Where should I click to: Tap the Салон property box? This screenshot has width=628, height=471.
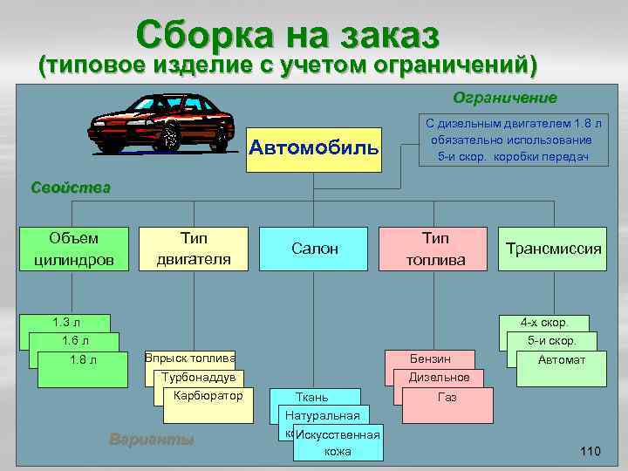[314, 249]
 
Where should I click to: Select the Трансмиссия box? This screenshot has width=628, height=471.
[554, 249]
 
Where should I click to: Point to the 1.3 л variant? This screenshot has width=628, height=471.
[66, 322]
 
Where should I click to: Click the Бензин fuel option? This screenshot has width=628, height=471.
[430, 358]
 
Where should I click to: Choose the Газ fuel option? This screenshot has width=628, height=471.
[447, 398]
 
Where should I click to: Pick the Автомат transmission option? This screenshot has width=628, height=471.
[562, 361]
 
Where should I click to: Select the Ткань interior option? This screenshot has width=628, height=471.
[312, 397]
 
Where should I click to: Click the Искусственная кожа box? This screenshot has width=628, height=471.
[338, 444]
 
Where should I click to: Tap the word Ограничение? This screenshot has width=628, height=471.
[504, 97]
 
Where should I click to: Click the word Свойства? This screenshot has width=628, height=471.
[71, 188]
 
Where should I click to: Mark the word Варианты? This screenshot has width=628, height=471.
[151, 439]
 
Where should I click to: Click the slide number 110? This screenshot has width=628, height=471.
[590, 451]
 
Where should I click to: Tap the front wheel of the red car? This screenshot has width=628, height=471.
[169, 137]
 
